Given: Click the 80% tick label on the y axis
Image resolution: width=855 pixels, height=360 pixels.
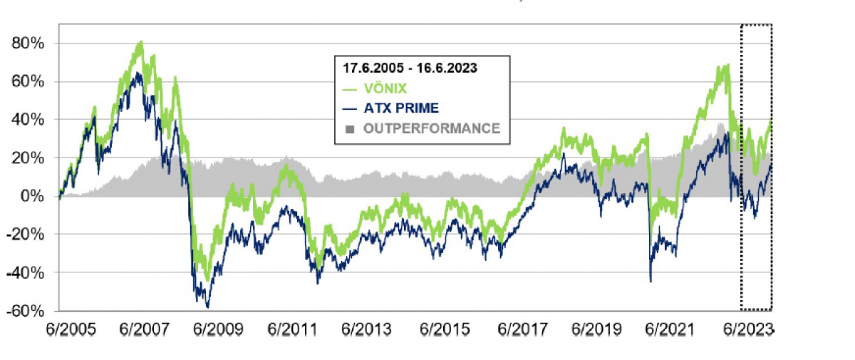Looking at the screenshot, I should click(28, 43).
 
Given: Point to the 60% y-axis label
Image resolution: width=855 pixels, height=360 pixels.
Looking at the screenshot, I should click(28, 81).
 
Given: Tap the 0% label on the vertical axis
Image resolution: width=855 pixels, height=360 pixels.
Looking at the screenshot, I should click(33, 196).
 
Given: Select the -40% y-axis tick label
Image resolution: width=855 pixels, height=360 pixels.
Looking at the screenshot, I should click(26, 273).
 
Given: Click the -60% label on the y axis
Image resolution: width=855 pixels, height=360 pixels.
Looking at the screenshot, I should click(26, 312).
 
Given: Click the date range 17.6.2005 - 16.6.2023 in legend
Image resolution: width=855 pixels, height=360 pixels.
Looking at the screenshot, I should click(410, 69).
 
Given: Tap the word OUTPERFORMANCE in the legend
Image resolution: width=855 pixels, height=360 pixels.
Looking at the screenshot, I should click(432, 128).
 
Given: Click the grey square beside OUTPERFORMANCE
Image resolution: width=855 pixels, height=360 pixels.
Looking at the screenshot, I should click(348, 128).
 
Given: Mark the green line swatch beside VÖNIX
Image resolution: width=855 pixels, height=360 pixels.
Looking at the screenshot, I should click(350, 90).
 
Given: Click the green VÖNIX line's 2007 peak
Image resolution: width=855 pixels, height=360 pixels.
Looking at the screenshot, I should click(140, 43).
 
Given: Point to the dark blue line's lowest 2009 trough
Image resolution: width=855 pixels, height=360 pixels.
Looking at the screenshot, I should click(207, 307).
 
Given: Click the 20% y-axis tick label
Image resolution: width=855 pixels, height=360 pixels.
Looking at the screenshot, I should click(28, 158).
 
